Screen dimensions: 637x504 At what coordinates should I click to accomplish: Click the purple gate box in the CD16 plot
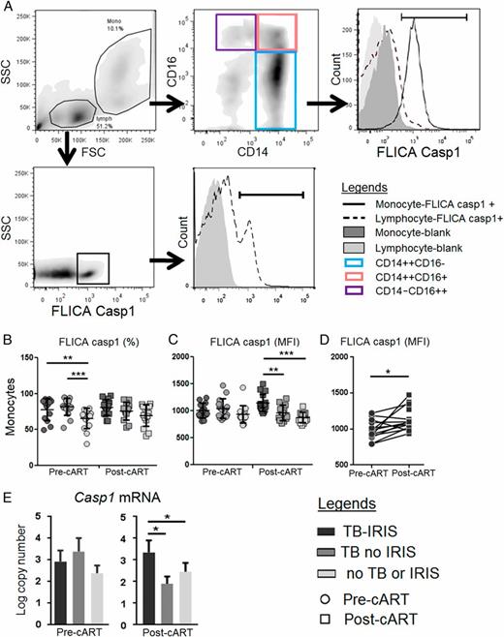[236, 32]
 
